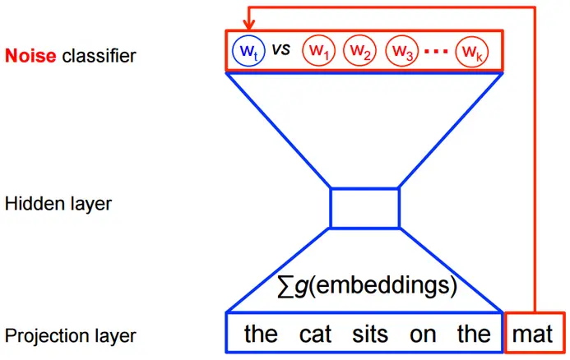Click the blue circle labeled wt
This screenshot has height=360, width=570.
248,50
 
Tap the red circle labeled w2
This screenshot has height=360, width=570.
359,50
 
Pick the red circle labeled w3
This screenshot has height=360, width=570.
401,50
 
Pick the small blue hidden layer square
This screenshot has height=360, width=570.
364,207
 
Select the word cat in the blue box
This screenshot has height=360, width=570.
314,335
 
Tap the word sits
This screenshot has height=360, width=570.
369,335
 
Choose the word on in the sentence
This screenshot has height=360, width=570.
421,335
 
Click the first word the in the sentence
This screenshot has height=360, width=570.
261,335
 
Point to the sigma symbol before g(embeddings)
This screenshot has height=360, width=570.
287,287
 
